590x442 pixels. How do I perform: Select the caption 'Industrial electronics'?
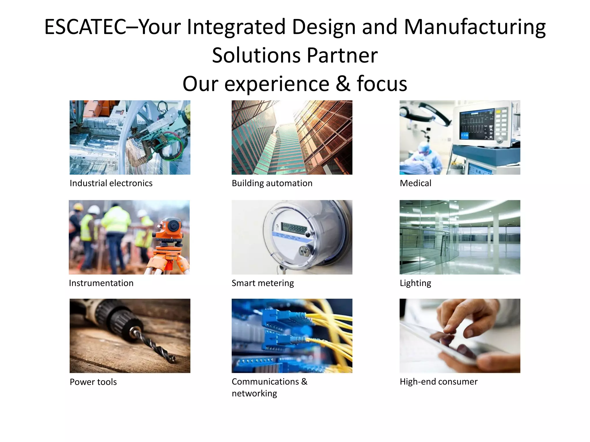pos(111,183)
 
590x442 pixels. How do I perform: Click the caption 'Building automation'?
pos(272,183)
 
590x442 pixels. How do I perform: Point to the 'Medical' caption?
pos(415,183)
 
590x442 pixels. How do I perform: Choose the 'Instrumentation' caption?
pos(101,283)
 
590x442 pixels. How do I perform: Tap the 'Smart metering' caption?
pos(263,283)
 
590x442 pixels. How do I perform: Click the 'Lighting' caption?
pos(415,283)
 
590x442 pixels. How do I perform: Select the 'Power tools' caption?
pos(93,382)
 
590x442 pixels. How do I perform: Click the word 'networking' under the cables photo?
pos(254,393)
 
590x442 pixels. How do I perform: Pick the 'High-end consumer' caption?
pos(438,382)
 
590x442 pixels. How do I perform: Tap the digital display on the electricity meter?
pos(294,228)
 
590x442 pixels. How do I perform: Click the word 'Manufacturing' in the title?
pos(474,27)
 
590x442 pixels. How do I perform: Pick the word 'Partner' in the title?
pos(342,55)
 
